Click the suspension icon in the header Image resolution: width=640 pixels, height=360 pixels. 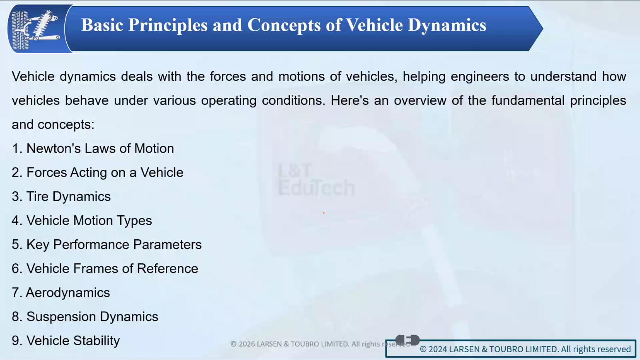pos(36,29)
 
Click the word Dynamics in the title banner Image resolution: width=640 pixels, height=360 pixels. pos(447,25)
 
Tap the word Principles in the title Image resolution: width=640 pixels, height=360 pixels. pos(168,25)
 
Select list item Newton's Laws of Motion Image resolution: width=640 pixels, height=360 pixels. pos(93,149)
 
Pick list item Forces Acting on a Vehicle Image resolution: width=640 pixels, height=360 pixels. pos(97,173)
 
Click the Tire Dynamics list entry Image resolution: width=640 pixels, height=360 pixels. pos(61,197)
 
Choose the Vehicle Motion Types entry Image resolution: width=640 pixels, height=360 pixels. pos(82,221)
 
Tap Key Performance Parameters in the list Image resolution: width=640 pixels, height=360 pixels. pos(107,245)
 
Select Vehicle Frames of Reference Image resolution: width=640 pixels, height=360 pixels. pos(105,269)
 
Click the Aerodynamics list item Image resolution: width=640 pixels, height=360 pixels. pos(61,293)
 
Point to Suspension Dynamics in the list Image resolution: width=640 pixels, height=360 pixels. pos(85,317)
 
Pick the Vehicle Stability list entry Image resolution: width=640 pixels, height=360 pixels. pos(66,341)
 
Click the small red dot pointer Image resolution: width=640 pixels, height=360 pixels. pos(324,213)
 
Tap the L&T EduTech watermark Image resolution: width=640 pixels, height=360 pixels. pos(316,180)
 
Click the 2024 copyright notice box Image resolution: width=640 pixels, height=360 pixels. pos(511,349)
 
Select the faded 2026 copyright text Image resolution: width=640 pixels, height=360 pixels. pos(320,344)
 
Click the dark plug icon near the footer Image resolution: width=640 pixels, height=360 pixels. pos(407,340)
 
